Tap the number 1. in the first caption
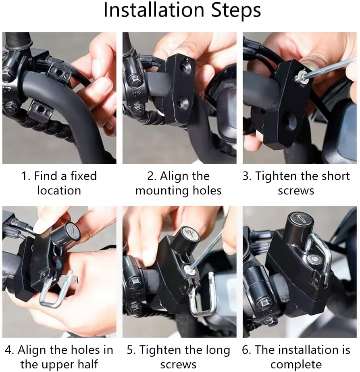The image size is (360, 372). [x=26, y=176]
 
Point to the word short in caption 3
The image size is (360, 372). [x=334, y=176]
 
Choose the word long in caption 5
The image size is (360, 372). [x=216, y=350]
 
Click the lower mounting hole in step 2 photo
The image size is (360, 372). [x=180, y=104]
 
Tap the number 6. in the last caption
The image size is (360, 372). [x=246, y=350]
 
